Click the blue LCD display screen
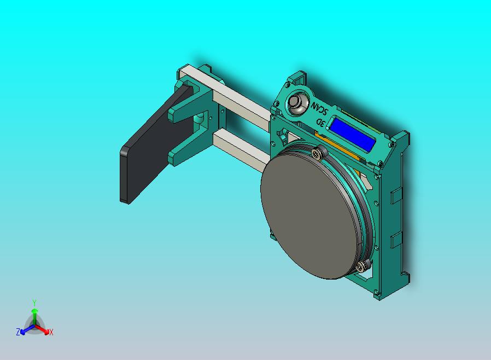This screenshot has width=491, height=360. pos(351,135)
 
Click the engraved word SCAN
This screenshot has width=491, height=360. pos(317,108)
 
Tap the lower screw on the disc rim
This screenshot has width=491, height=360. pos(361,266)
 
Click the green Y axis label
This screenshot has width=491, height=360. pos(34,303)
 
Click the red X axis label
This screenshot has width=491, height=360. pos(51,332)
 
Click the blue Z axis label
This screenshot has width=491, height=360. pos(18,332)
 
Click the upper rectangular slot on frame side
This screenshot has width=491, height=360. pos(395,193)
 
